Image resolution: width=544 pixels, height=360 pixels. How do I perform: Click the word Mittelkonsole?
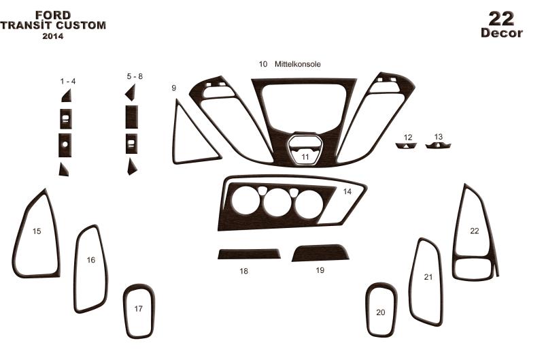[x=298, y=64]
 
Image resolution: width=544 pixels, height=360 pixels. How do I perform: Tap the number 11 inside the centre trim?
[x=305, y=157]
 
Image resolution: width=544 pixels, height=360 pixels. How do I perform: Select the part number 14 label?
[x=347, y=191]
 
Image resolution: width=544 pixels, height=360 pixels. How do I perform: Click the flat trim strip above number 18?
[x=249, y=254]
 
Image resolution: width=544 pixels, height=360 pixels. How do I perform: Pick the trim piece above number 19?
[x=320, y=252]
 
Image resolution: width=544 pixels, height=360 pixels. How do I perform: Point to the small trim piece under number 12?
[x=405, y=146]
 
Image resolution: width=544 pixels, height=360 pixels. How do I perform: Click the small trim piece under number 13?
[x=438, y=145]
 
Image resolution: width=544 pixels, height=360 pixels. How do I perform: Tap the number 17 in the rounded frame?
[x=139, y=308]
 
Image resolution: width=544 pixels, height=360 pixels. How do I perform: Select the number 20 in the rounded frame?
[x=381, y=312]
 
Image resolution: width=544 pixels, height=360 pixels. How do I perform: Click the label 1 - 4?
[x=67, y=81]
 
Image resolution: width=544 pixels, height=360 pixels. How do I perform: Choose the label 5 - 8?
[x=135, y=76]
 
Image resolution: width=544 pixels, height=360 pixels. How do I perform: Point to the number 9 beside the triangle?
[x=174, y=88]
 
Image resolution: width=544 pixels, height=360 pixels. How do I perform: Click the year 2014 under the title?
[x=53, y=36]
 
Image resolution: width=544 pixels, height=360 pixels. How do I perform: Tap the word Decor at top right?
[x=502, y=33]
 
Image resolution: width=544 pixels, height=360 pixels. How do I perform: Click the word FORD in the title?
[x=53, y=15]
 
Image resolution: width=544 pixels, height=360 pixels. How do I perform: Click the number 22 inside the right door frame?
[x=474, y=231]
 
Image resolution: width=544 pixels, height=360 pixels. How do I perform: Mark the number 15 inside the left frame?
[x=37, y=231]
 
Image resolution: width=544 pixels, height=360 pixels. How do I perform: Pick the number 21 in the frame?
[x=428, y=277]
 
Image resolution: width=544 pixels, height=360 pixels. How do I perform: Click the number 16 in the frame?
[x=91, y=260]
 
